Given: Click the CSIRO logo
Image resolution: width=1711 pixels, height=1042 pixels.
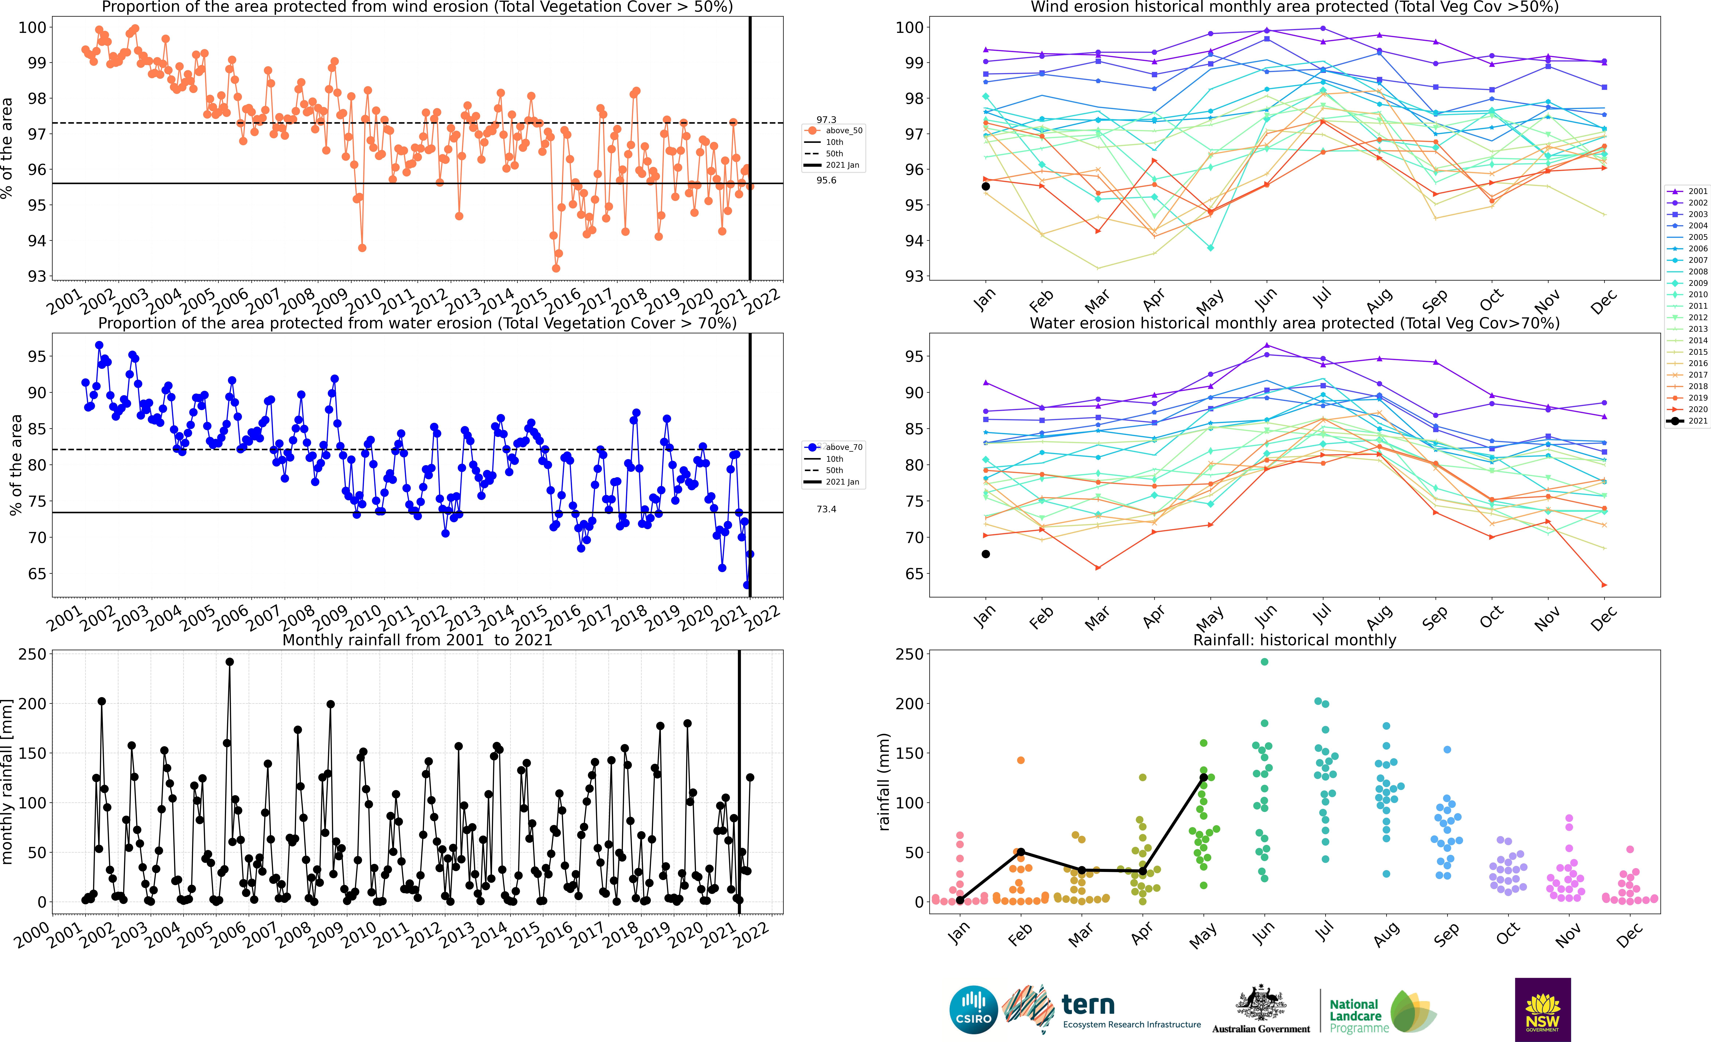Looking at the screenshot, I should click(974, 1009).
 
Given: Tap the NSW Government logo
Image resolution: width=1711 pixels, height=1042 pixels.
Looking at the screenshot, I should click(1542, 1009).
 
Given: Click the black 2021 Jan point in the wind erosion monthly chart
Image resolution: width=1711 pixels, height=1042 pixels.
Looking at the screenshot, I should click(985, 186).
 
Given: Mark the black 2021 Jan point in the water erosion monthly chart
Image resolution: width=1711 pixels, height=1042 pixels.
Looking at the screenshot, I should click(985, 554).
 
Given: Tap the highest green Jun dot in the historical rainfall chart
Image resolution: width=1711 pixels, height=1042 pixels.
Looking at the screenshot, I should click(1264, 662).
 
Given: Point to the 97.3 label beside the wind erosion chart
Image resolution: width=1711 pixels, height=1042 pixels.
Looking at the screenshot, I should click(826, 119).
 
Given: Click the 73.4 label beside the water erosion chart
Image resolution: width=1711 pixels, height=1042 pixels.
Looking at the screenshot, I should click(826, 509).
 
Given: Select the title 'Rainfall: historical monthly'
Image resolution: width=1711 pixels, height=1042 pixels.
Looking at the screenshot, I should click(1294, 640).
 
